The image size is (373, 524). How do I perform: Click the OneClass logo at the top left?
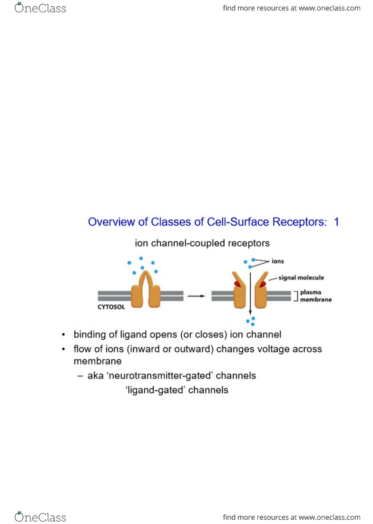(x=40, y=8)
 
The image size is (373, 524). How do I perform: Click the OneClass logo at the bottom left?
(x=40, y=517)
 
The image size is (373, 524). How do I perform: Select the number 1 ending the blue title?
(x=336, y=222)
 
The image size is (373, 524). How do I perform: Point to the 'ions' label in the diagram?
(x=277, y=261)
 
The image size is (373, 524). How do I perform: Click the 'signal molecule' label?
(x=301, y=277)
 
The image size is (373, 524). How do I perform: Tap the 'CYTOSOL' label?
(x=111, y=307)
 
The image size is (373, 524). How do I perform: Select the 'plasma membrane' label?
(x=316, y=296)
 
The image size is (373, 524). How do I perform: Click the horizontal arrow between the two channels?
(x=196, y=296)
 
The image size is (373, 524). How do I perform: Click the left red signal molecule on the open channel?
(x=237, y=284)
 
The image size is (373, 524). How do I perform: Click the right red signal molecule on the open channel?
(x=263, y=284)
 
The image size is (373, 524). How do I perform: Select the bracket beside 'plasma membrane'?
(x=295, y=296)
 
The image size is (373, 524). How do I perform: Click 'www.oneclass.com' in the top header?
(x=330, y=8)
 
